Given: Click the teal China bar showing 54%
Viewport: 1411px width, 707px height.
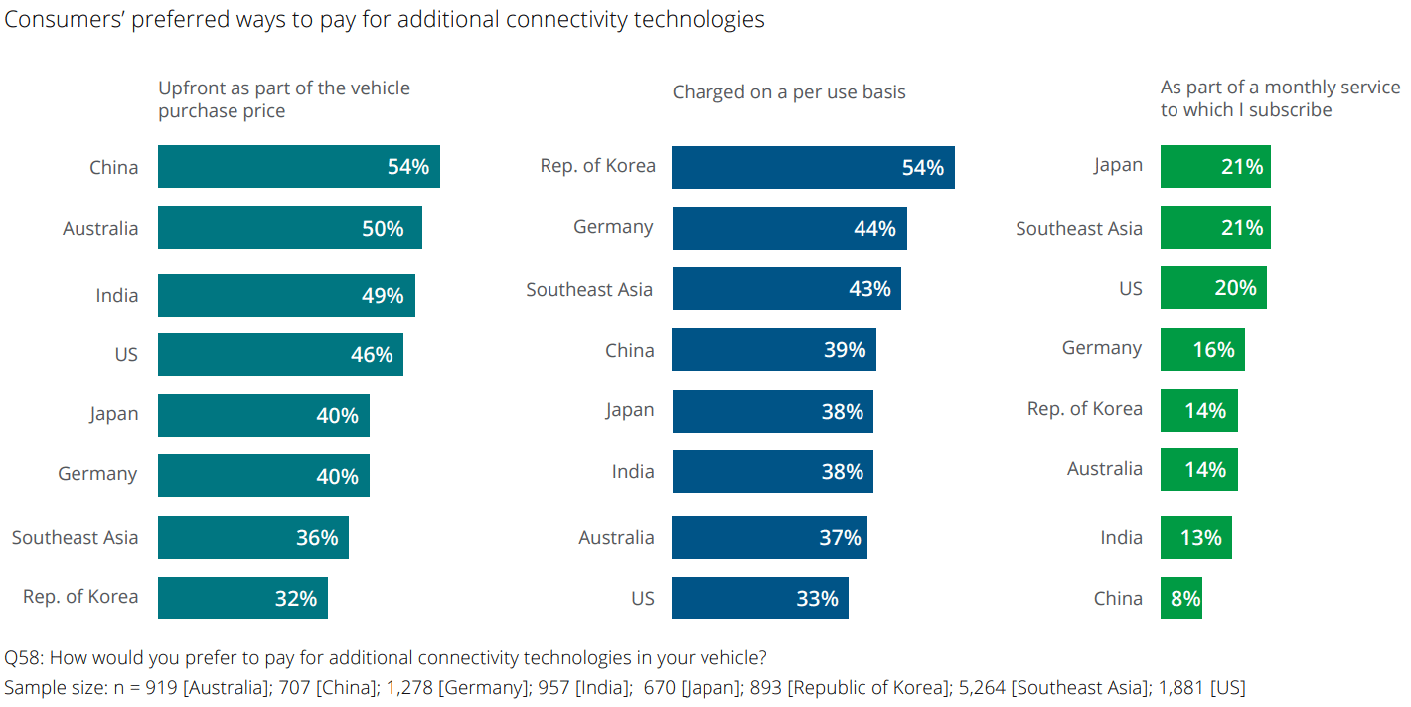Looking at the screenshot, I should coord(298,167).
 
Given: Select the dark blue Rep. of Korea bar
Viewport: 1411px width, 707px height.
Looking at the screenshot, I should coord(812,167).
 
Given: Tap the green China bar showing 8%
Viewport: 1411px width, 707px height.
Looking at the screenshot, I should coord(1180,599).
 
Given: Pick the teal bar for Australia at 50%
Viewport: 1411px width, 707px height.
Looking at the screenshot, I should coord(289,228).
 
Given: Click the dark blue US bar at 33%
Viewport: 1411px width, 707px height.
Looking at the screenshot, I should coord(759,599).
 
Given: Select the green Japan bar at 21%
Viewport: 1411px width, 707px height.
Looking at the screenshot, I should coord(1214,167).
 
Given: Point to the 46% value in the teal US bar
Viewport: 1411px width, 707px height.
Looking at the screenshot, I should coord(371,355).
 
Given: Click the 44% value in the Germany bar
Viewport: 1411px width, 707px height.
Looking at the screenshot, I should coord(873,229).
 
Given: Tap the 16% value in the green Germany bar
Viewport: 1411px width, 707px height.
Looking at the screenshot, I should coord(1213,350).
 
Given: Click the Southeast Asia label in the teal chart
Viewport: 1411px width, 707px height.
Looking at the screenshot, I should coord(75,538).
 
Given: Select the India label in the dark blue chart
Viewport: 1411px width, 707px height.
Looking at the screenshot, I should coord(633,472).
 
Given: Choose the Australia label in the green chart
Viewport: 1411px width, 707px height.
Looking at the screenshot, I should coord(1104,469).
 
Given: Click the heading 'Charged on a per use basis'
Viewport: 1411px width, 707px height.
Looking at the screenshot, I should coord(789,92).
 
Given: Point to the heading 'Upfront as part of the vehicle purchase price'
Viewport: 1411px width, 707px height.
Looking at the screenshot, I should coord(284,99).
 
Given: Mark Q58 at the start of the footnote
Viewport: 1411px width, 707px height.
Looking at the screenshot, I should coord(22,658).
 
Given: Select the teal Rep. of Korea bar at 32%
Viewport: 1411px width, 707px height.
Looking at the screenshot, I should coord(242,599).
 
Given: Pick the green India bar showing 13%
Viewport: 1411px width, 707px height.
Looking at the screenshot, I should coord(1195,538).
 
